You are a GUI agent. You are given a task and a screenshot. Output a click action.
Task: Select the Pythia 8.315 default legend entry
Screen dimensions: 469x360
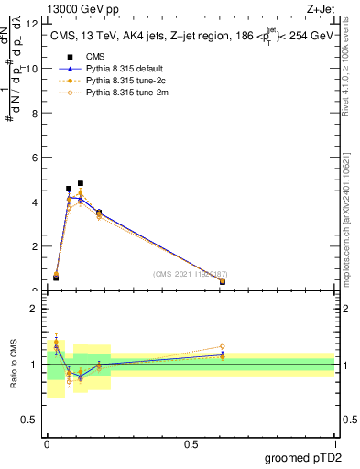tap(123, 69)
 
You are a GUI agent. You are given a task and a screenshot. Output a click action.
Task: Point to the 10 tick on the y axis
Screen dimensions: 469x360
tap(35, 69)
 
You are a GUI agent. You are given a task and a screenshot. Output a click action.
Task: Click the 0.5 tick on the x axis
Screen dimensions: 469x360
tap(191, 443)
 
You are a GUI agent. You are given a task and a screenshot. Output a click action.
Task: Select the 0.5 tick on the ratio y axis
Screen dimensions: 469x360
tap(33, 422)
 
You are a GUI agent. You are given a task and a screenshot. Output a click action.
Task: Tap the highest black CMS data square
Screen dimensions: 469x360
tap(81, 183)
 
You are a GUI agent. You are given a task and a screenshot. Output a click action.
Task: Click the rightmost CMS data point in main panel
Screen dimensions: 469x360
tap(223, 281)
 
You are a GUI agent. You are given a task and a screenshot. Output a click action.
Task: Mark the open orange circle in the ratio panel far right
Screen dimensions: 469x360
tap(223, 346)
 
